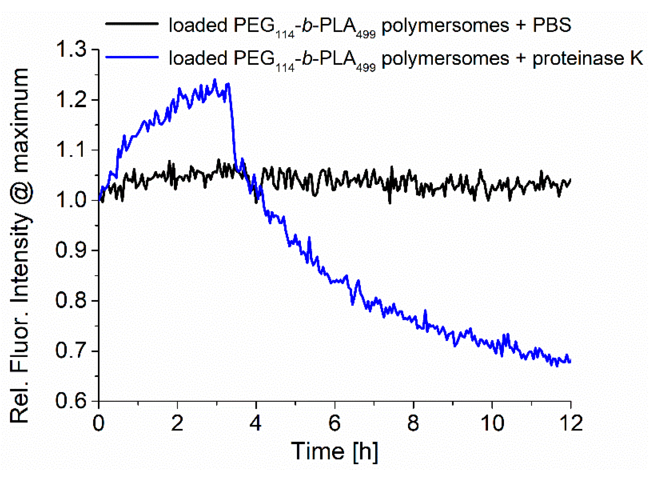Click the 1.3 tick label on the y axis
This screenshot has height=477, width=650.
click(x=71, y=49)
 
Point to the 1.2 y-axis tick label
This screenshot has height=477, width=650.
click(x=71, y=100)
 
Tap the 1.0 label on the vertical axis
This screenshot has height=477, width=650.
click(x=71, y=200)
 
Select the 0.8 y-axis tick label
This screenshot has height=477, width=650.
click(x=71, y=300)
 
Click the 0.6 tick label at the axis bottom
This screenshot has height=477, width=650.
click(x=71, y=401)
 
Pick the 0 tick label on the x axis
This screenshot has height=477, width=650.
click(x=99, y=423)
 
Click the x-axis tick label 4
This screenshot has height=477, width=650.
click(x=256, y=423)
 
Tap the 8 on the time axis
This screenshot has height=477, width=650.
click(x=413, y=423)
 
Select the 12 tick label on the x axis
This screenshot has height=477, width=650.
click(x=571, y=423)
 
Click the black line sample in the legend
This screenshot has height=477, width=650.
click(x=132, y=24)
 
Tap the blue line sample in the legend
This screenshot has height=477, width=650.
click(x=132, y=57)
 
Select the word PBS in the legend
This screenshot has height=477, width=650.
click(x=552, y=25)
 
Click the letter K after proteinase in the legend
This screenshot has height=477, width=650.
click(x=636, y=58)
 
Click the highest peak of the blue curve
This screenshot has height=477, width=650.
click(x=215, y=80)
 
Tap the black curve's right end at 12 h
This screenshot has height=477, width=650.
click(x=570, y=180)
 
